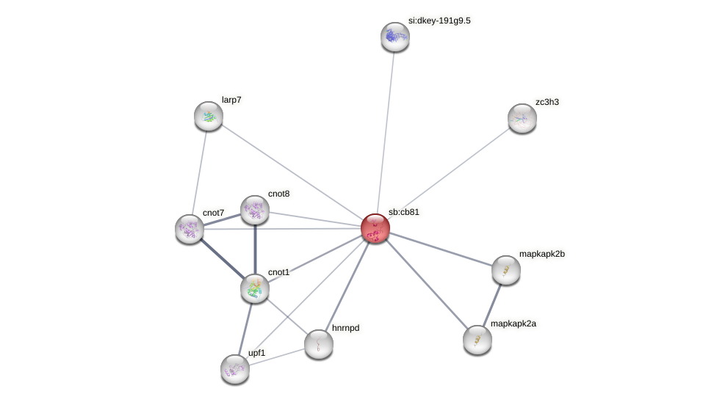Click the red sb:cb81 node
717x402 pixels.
[375, 228]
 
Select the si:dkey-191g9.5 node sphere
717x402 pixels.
[394, 37]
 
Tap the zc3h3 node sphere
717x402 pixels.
[522, 118]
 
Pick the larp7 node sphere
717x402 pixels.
[209, 116]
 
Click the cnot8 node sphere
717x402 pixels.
[255, 210]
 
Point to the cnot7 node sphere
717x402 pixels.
[190, 229]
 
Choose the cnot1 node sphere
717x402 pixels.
[255, 288]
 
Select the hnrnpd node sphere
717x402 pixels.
[319, 344]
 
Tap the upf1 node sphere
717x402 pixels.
[235, 368]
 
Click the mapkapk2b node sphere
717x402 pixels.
[506, 270]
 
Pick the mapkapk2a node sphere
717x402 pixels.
[478, 340]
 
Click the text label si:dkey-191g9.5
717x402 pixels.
[439, 21]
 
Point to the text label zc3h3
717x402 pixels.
[547, 102]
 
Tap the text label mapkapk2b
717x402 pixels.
[542, 254]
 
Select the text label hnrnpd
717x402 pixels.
[345, 328]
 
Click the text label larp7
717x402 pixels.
[231, 100]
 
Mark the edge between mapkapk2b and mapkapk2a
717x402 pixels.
[492, 304]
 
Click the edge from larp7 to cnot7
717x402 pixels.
[199, 172]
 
